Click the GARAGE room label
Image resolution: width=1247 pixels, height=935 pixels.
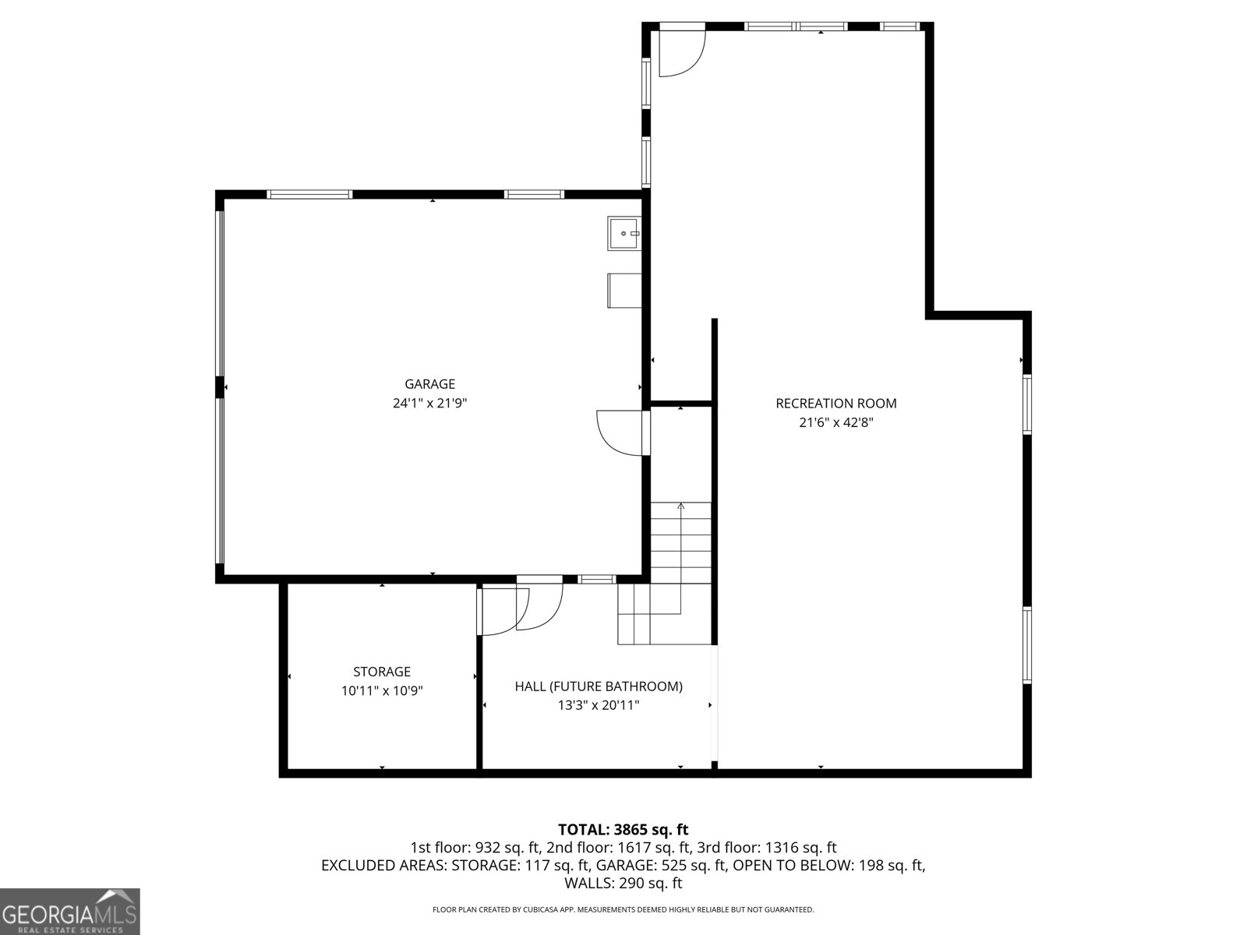coord(429,384)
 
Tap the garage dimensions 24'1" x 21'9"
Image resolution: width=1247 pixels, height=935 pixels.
coord(429,404)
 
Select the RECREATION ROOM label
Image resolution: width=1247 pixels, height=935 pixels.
coord(835,404)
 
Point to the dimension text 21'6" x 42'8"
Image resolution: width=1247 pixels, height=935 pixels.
coord(835,423)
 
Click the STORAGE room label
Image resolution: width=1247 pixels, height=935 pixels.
coord(382,672)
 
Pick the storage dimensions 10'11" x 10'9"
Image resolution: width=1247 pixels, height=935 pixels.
coord(382,691)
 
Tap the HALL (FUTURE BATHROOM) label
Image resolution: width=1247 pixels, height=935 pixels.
coord(599,686)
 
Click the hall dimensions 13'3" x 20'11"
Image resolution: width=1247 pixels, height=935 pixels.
coord(599,706)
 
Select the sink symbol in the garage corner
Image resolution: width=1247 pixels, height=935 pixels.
coord(623,234)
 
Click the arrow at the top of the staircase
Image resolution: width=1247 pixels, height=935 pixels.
coord(681,506)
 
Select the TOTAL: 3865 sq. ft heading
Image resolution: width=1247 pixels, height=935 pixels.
coord(623,830)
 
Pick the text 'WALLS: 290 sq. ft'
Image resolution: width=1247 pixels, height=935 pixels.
coord(623,884)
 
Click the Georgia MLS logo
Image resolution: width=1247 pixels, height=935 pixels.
coord(69,912)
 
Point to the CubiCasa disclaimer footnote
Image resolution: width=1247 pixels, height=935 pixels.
coord(623,909)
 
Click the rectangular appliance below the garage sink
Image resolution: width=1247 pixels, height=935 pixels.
coord(624,290)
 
